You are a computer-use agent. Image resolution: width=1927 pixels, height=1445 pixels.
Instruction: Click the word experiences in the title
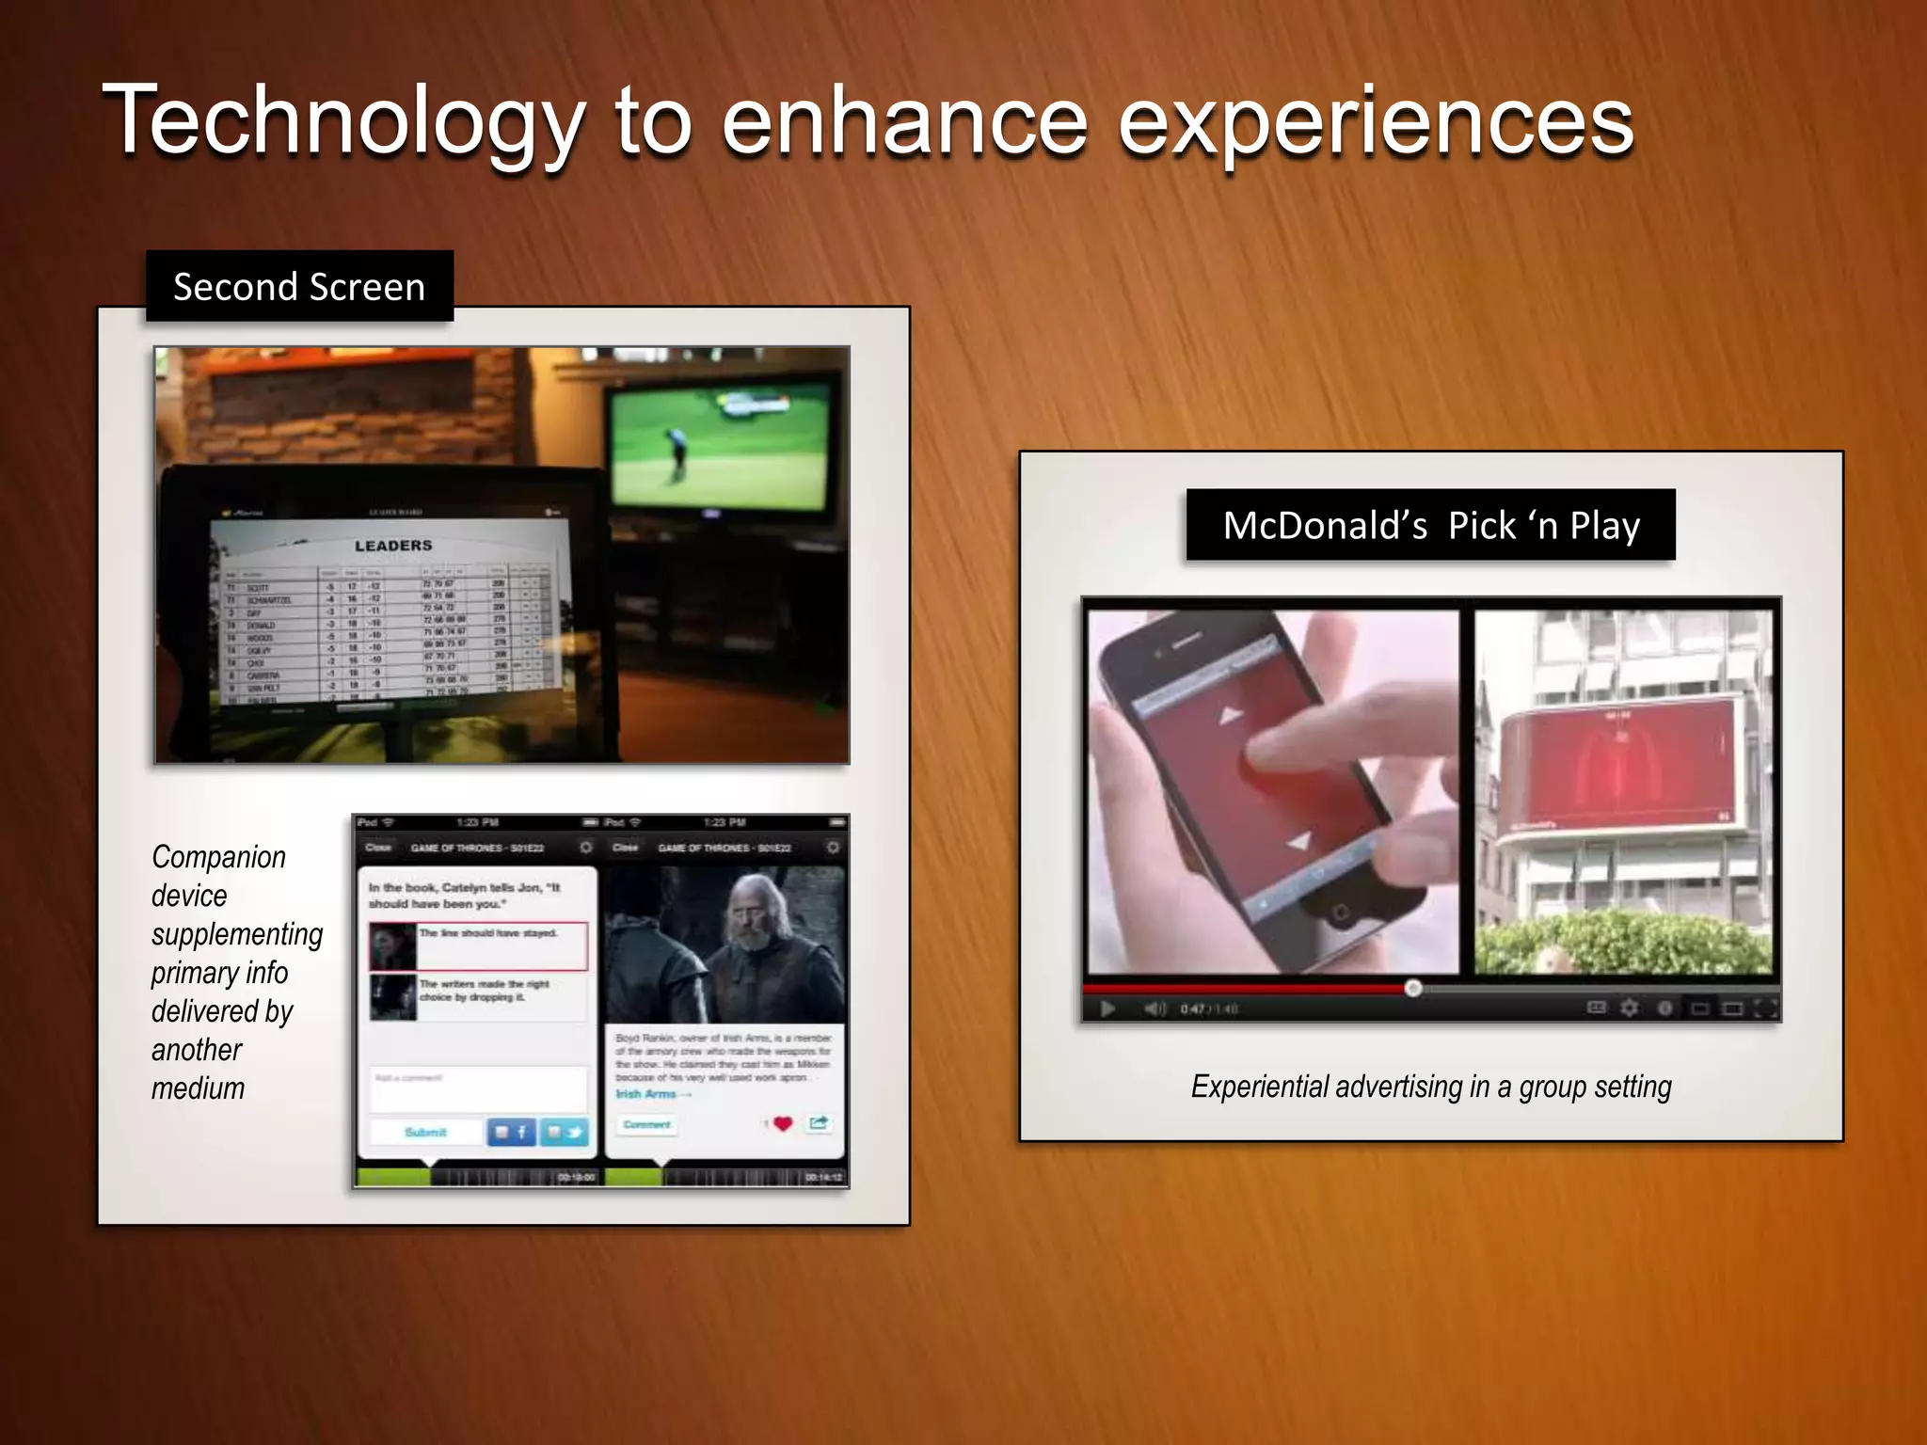pyautogui.click(x=1375, y=122)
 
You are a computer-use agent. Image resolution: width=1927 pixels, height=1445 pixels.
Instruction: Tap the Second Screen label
pyautogui.click(x=299, y=287)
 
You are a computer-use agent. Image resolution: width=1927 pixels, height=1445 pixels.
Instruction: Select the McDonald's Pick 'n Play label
pyautogui.click(x=1430, y=525)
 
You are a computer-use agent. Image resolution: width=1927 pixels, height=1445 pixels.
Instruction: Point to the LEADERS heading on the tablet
pyautogui.click(x=393, y=546)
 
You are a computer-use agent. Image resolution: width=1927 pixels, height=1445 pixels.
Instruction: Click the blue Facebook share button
pyautogui.click(x=511, y=1132)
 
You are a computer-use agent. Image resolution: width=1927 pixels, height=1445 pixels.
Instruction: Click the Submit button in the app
pyautogui.click(x=425, y=1132)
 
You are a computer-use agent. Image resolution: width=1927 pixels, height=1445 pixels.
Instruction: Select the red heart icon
pyautogui.click(x=783, y=1123)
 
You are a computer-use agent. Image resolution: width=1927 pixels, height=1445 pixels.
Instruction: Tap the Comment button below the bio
pyautogui.click(x=647, y=1124)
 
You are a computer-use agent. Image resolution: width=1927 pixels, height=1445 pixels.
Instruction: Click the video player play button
pyautogui.click(x=1107, y=1008)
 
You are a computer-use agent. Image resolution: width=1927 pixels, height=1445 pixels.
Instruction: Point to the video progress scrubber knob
pyautogui.click(x=1413, y=988)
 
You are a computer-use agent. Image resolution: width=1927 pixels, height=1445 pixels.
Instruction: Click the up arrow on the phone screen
pyautogui.click(x=1230, y=717)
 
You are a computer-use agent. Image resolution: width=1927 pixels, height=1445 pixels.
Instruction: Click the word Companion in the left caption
pyautogui.click(x=218, y=857)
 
